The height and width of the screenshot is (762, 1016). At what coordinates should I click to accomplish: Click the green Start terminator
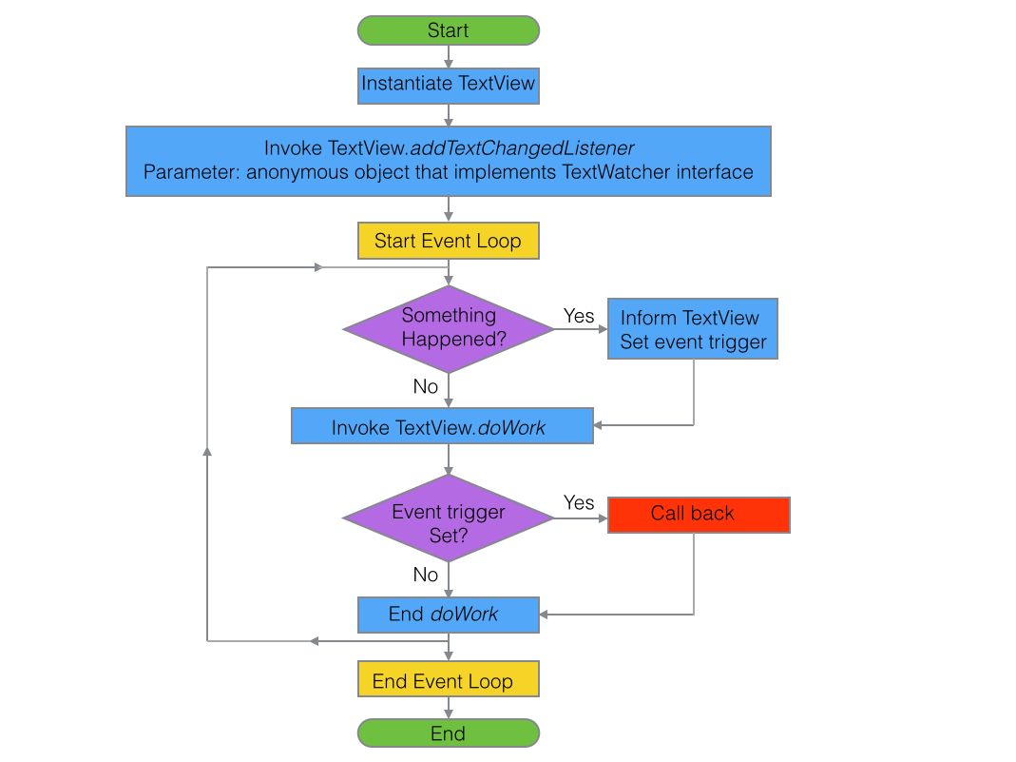(448, 30)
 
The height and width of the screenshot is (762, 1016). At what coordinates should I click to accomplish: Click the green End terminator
(448, 733)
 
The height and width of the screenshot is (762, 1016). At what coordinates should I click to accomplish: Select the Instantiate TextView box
(448, 84)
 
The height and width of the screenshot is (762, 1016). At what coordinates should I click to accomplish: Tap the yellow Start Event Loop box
(448, 241)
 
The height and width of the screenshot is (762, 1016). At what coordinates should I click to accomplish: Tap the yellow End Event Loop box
(448, 680)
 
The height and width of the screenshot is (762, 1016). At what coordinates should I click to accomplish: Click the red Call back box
(699, 515)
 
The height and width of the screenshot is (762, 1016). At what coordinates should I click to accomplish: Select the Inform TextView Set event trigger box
(693, 329)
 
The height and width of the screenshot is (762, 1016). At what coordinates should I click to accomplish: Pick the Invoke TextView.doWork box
(442, 426)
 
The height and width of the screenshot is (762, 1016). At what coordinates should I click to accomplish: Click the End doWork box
(448, 615)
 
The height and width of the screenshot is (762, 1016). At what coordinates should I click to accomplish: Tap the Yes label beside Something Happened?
(579, 316)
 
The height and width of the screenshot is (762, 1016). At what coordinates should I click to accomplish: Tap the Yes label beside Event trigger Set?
(579, 502)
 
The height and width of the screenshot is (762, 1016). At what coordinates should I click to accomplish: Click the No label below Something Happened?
(426, 386)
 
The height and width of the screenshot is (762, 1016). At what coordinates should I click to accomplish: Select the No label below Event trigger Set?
(426, 575)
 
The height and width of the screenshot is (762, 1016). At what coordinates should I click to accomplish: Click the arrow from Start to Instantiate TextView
(449, 56)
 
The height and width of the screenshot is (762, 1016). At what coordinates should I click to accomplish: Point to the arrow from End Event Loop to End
(449, 707)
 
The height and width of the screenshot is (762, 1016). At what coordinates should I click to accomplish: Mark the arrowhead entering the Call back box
(602, 518)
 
